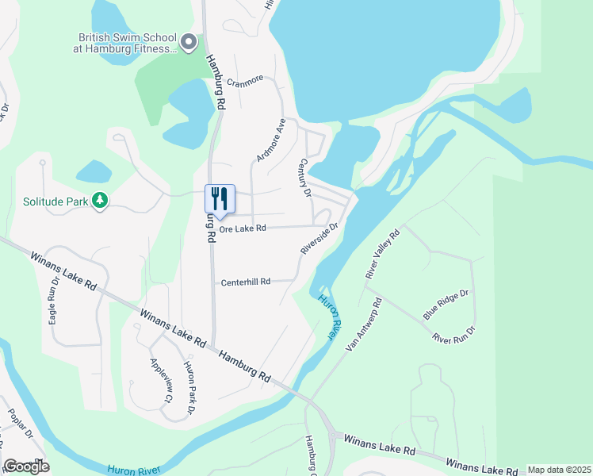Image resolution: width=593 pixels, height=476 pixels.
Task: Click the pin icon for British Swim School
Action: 189,42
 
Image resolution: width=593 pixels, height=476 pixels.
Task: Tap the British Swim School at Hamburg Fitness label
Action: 126,43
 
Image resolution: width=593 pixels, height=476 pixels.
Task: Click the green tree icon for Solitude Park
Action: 100,202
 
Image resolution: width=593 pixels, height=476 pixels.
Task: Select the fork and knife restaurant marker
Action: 220,198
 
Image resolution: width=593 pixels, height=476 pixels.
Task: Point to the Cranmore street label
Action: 244,82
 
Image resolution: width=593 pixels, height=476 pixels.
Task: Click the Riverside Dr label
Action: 319,238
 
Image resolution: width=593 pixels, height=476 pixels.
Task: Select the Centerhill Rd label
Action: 246,282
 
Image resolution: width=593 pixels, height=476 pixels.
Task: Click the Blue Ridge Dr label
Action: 446,304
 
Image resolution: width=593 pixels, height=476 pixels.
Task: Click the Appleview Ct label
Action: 159,380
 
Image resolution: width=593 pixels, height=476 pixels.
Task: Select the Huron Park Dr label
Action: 189,387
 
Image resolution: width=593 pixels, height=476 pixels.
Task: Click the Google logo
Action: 26,466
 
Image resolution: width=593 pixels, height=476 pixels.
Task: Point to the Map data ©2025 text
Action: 559,470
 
